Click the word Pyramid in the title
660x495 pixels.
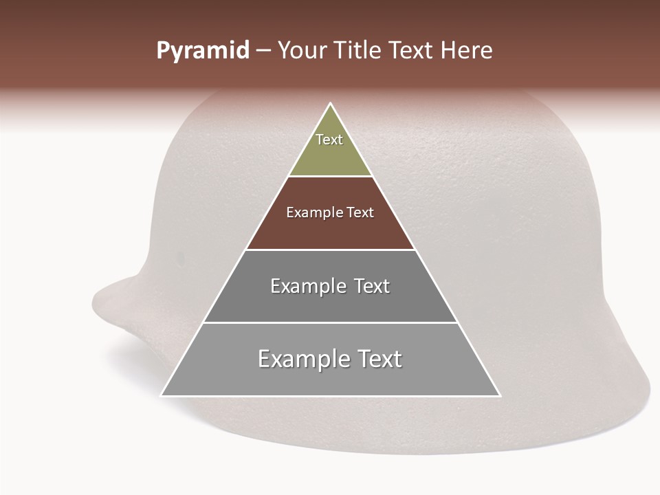202,51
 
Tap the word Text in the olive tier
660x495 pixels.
329,140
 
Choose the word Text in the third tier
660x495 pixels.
372,286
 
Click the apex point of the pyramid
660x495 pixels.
331,104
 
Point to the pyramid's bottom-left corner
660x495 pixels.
162,395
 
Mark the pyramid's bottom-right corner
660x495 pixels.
500,395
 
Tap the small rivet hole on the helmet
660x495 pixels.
181,258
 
